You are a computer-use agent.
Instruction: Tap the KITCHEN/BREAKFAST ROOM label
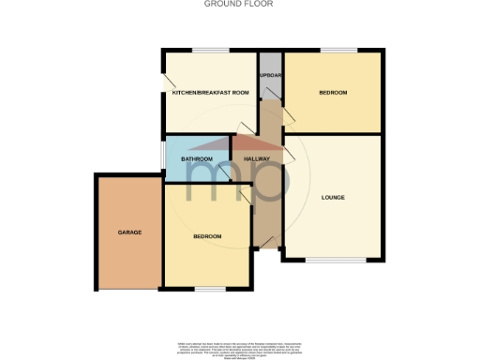pos(210,92)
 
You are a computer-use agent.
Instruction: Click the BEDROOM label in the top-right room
pos(333,92)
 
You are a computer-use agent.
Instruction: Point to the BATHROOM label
pos(197,159)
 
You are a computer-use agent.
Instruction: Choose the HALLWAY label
pos(257,159)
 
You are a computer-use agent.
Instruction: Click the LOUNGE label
pos(333,197)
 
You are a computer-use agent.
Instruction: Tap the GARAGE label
pos(129,232)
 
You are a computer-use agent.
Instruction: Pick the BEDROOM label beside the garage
pos(207,236)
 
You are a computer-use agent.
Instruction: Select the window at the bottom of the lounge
pos(332,259)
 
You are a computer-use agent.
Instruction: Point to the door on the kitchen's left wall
pos(166,82)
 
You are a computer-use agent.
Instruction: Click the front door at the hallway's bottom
pos(269,247)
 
